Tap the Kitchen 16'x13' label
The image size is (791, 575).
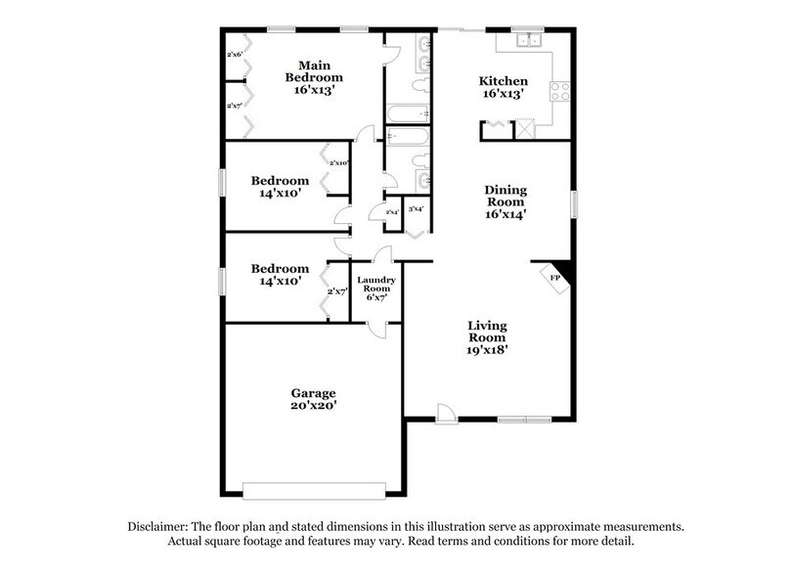[x=504, y=89]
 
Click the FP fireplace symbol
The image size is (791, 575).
[x=554, y=279]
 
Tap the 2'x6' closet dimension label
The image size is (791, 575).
[x=235, y=56]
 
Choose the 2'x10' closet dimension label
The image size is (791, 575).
[x=339, y=163]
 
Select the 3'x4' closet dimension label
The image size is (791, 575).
[x=416, y=209]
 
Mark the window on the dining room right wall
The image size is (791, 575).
[x=575, y=202]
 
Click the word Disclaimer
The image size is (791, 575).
[x=159, y=526]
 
